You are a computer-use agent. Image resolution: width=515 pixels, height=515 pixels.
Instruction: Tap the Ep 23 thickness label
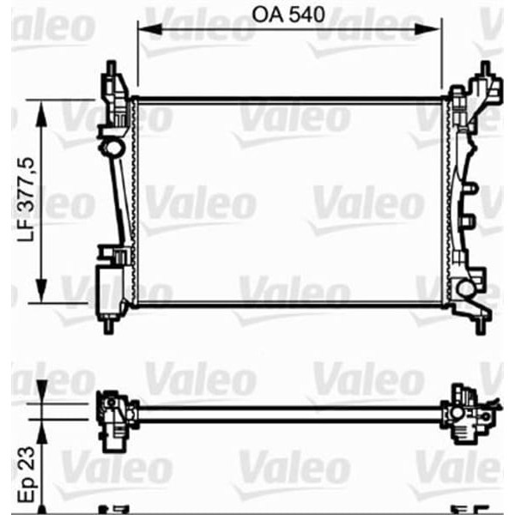click(x=27, y=467)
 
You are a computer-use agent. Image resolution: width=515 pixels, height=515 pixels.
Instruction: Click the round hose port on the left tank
click(x=111, y=151)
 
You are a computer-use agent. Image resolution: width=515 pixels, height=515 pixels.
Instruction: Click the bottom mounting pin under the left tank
click(x=110, y=327)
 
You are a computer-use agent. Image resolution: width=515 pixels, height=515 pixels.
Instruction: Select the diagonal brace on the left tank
click(x=119, y=202)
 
